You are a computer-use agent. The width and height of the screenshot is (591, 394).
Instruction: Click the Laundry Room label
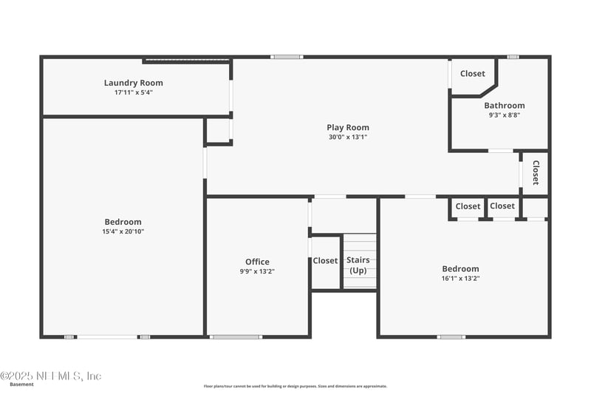click(x=133, y=83)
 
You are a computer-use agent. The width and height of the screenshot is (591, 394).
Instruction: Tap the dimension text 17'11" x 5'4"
click(x=133, y=92)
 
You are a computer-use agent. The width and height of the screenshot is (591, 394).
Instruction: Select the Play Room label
click(x=347, y=127)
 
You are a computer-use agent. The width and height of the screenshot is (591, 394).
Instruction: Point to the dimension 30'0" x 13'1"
click(x=347, y=137)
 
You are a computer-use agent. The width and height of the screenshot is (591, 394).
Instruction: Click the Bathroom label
click(x=505, y=106)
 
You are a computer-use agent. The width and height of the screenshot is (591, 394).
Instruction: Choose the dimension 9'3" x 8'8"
click(x=505, y=115)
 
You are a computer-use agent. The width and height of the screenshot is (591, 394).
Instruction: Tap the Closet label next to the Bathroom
click(x=473, y=73)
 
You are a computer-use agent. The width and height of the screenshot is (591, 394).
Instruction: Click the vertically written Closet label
click(x=536, y=172)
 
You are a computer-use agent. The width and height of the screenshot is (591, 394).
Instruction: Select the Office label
click(x=257, y=262)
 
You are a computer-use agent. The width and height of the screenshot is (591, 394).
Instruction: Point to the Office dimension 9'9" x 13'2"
click(x=257, y=271)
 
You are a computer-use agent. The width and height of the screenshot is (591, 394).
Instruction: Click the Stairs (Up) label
click(x=358, y=265)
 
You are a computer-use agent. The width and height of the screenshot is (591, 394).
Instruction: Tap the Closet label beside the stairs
click(x=325, y=261)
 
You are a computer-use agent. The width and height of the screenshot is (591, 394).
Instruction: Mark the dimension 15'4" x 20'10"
click(x=123, y=231)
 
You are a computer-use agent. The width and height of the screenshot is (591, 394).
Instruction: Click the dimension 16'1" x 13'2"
click(x=460, y=278)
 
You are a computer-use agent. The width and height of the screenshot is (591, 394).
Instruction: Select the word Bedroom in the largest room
click(x=123, y=222)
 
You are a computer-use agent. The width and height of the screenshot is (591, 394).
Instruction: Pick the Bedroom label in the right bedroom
click(x=460, y=269)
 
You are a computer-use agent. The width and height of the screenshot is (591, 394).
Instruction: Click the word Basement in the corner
click(x=21, y=384)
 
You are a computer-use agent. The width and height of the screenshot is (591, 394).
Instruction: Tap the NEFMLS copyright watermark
click(x=51, y=376)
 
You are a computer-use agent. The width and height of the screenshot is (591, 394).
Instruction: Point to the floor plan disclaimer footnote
click(x=295, y=386)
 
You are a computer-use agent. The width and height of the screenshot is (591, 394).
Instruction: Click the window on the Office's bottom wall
click(x=236, y=337)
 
